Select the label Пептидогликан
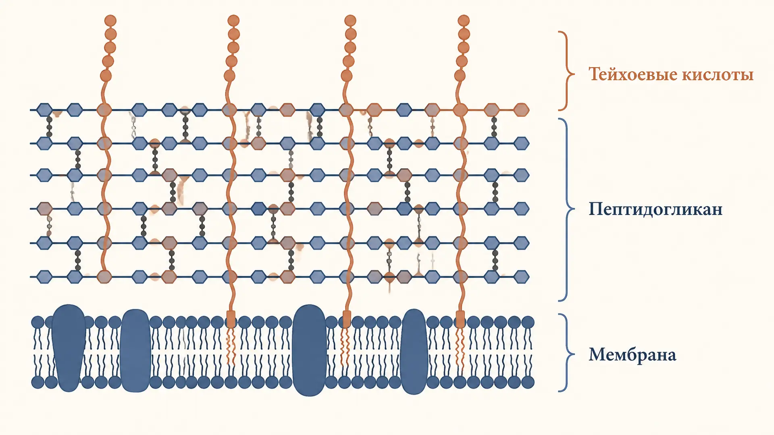pyautogui.click(x=655, y=209)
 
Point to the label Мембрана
pyautogui.click(x=633, y=355)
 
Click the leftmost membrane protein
pyautogui.click(x=69, y=348)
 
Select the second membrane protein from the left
pyautogui.click(x=135, y=351)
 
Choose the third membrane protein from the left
pyautogui.click(x=309, y=350)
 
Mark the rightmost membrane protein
pyautogui.click(x=414, y=352)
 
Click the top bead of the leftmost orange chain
pyautogui.click(x=110, y=21)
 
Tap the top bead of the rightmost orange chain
pyautogui.click(x=464, y=21)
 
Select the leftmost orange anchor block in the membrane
pyautogui.click(x=231, y=319)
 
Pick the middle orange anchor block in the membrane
pyautogui.click(x=346, y=319)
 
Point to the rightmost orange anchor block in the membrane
pyautogui.click(x=460, y=319)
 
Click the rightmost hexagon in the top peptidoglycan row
pyautogui.click(x=521, y=110)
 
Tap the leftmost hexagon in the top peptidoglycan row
pyautogui.click(x=44, y=110)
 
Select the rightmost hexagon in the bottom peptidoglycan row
pyautogui.click(x=521, y=277)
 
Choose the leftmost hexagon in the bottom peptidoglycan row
pyautogui.click(x=44, y=277)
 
